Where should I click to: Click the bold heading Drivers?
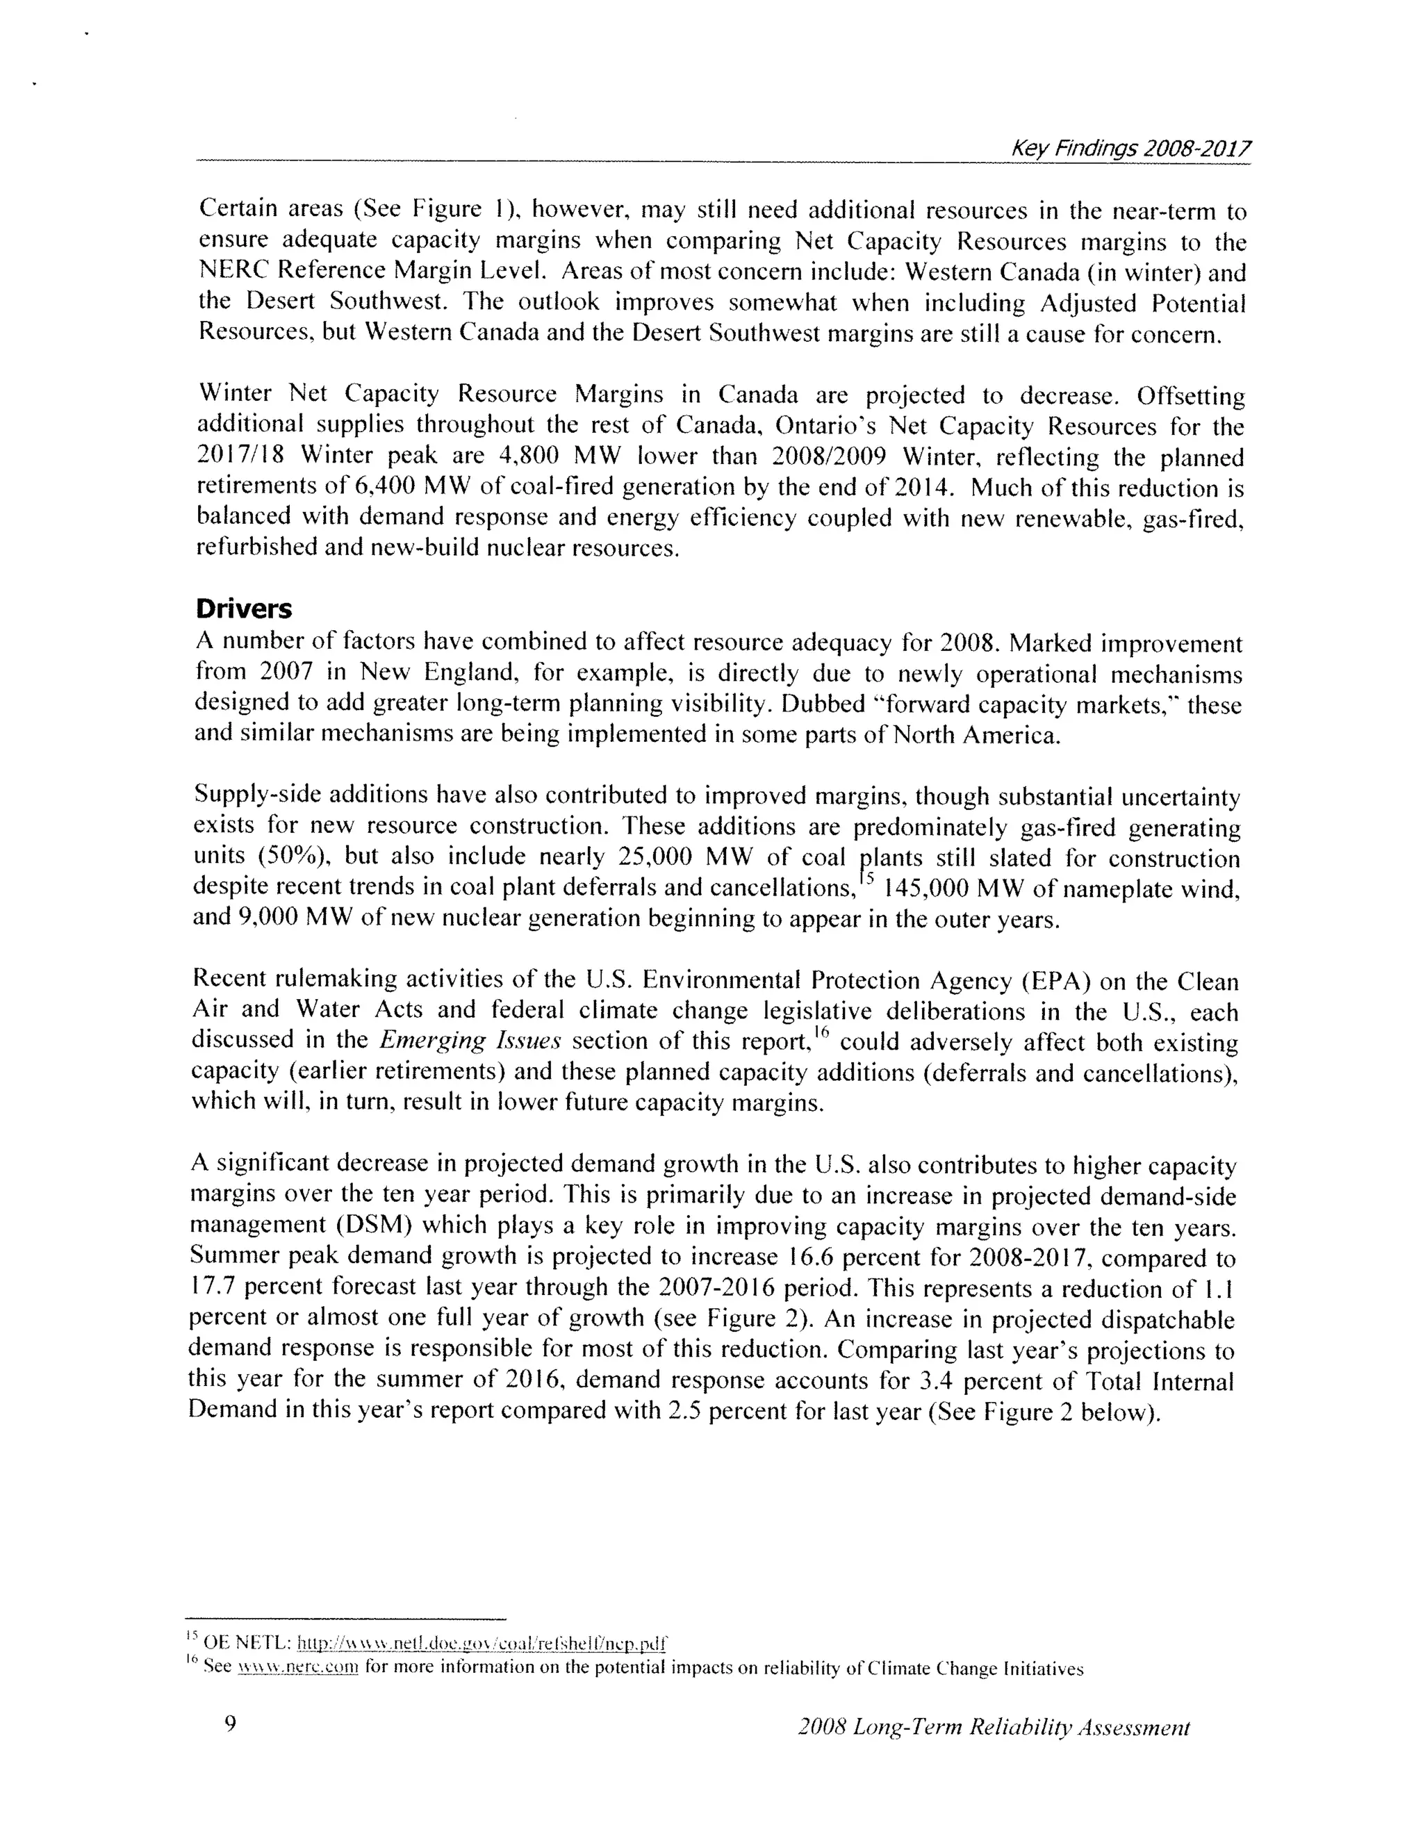click(x=244, y=609)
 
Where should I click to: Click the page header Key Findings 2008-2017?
click(x=1130, y=149)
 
